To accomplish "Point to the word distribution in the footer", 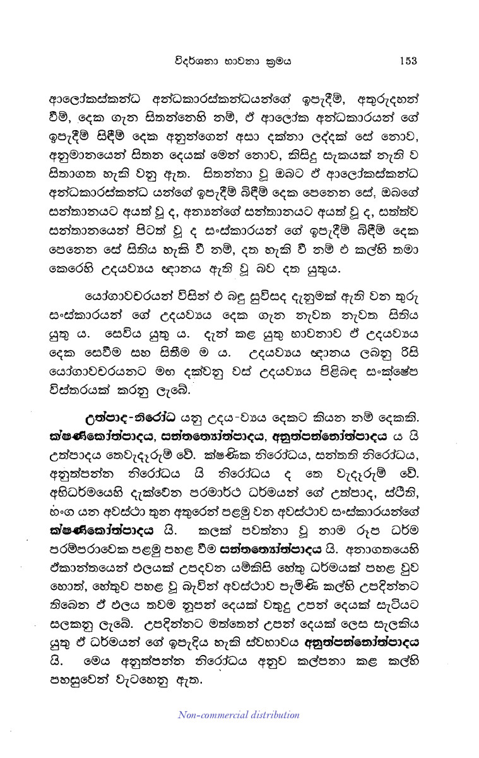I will [x=271, y=714].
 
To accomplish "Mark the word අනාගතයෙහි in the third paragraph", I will [x=399, y=541].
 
